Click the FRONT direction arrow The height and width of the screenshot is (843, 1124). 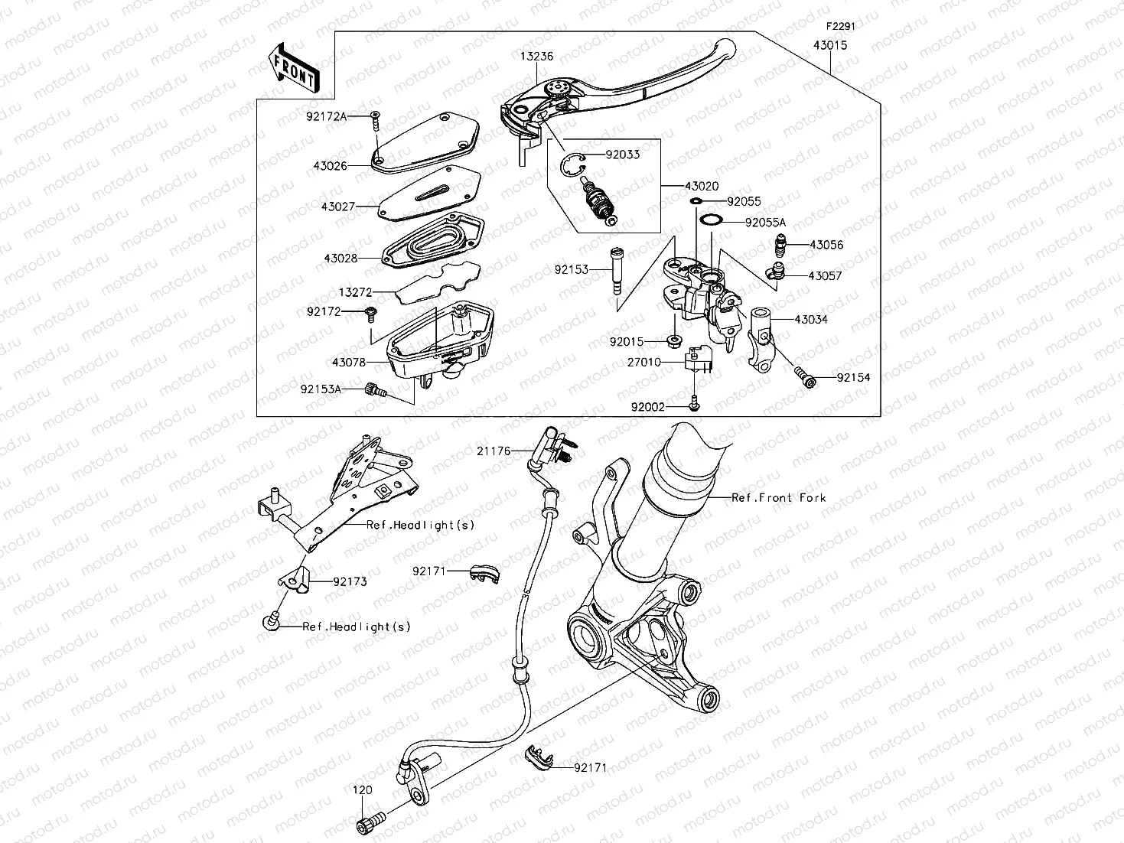point(293,67)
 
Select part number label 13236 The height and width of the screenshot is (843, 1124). point(537,57)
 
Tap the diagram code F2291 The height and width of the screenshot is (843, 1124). point(839,25)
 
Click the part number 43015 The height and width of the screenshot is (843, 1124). point(830,45)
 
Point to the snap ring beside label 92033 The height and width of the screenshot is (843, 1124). point(571,162)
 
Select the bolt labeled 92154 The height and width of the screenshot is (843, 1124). point(804,376)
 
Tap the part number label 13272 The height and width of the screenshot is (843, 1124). point(355,291)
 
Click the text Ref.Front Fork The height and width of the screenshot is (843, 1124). point(779,497)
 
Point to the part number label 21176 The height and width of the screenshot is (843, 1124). point(493,451)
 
